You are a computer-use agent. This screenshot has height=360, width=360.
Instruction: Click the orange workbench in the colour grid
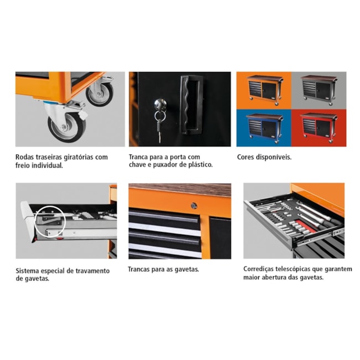pyautogui.click(x=265, y=90)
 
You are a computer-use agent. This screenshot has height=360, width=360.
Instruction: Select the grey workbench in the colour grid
pyautogui.click(x=320, y=90)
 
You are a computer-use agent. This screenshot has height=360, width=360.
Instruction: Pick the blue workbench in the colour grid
pyautogui.click(x=265, y=128)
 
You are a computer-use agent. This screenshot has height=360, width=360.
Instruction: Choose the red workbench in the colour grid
pyautogui.click(x=320, y=127)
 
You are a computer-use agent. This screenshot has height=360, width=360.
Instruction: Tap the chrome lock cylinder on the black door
pyautogui.click(x=160, y=104)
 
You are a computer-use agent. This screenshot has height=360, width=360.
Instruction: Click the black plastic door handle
pyautogui.click(x=191, y=105)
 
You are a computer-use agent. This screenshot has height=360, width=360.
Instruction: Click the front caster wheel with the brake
pyautogui.click(x=66, y=126)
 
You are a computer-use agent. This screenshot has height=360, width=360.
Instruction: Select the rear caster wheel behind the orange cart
pyautogui.click(x=100, y=94)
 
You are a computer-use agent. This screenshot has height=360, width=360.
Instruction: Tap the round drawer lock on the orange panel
pyautogui.click(x=194, y=205)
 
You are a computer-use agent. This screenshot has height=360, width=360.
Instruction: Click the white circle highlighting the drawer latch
pyautogui.click(x=50, y=222)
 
